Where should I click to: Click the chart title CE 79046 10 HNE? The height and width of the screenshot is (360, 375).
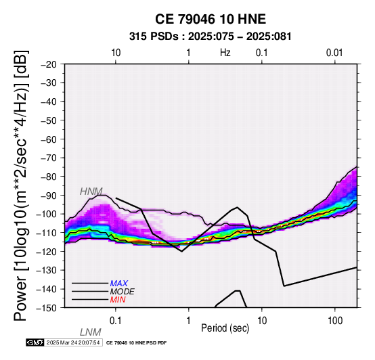(x=211, y=19)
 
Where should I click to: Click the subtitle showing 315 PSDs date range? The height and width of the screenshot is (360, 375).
(x=211, y=37)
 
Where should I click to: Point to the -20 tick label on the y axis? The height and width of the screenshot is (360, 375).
(x=49, y=64)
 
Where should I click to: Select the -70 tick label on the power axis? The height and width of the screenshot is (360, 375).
(x=49, y=158)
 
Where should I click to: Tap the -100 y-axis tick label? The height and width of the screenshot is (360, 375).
(x=47, y=214)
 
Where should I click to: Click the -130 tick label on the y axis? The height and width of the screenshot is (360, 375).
(x=47, y=270)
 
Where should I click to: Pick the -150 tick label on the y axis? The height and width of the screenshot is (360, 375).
(x=47, y=308)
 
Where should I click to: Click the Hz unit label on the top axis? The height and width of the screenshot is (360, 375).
(x=225, y=53)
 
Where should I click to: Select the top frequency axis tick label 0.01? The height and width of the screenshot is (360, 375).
(x=334, y=53)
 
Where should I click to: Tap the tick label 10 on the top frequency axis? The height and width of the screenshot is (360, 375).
(x=116, y=53)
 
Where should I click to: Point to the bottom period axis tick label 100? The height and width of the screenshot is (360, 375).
(x=335, y=321)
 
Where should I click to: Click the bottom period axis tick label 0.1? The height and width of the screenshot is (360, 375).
(x=115, y=321)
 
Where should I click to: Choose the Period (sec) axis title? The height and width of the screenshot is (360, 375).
(x=225, y=328)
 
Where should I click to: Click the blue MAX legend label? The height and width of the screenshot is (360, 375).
(x=119, y=284)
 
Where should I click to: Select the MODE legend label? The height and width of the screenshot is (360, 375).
(x=123, y=292)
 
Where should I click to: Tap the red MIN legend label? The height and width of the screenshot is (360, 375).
(x=118, y=300)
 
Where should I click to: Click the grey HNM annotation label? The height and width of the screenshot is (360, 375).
(x=91, y=192)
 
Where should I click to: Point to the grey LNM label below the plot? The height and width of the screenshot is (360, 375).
(x=91, y=332)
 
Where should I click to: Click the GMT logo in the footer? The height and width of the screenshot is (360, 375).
(x=35, y=342)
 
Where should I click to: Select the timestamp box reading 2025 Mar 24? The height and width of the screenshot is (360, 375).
(x=73, y=342)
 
